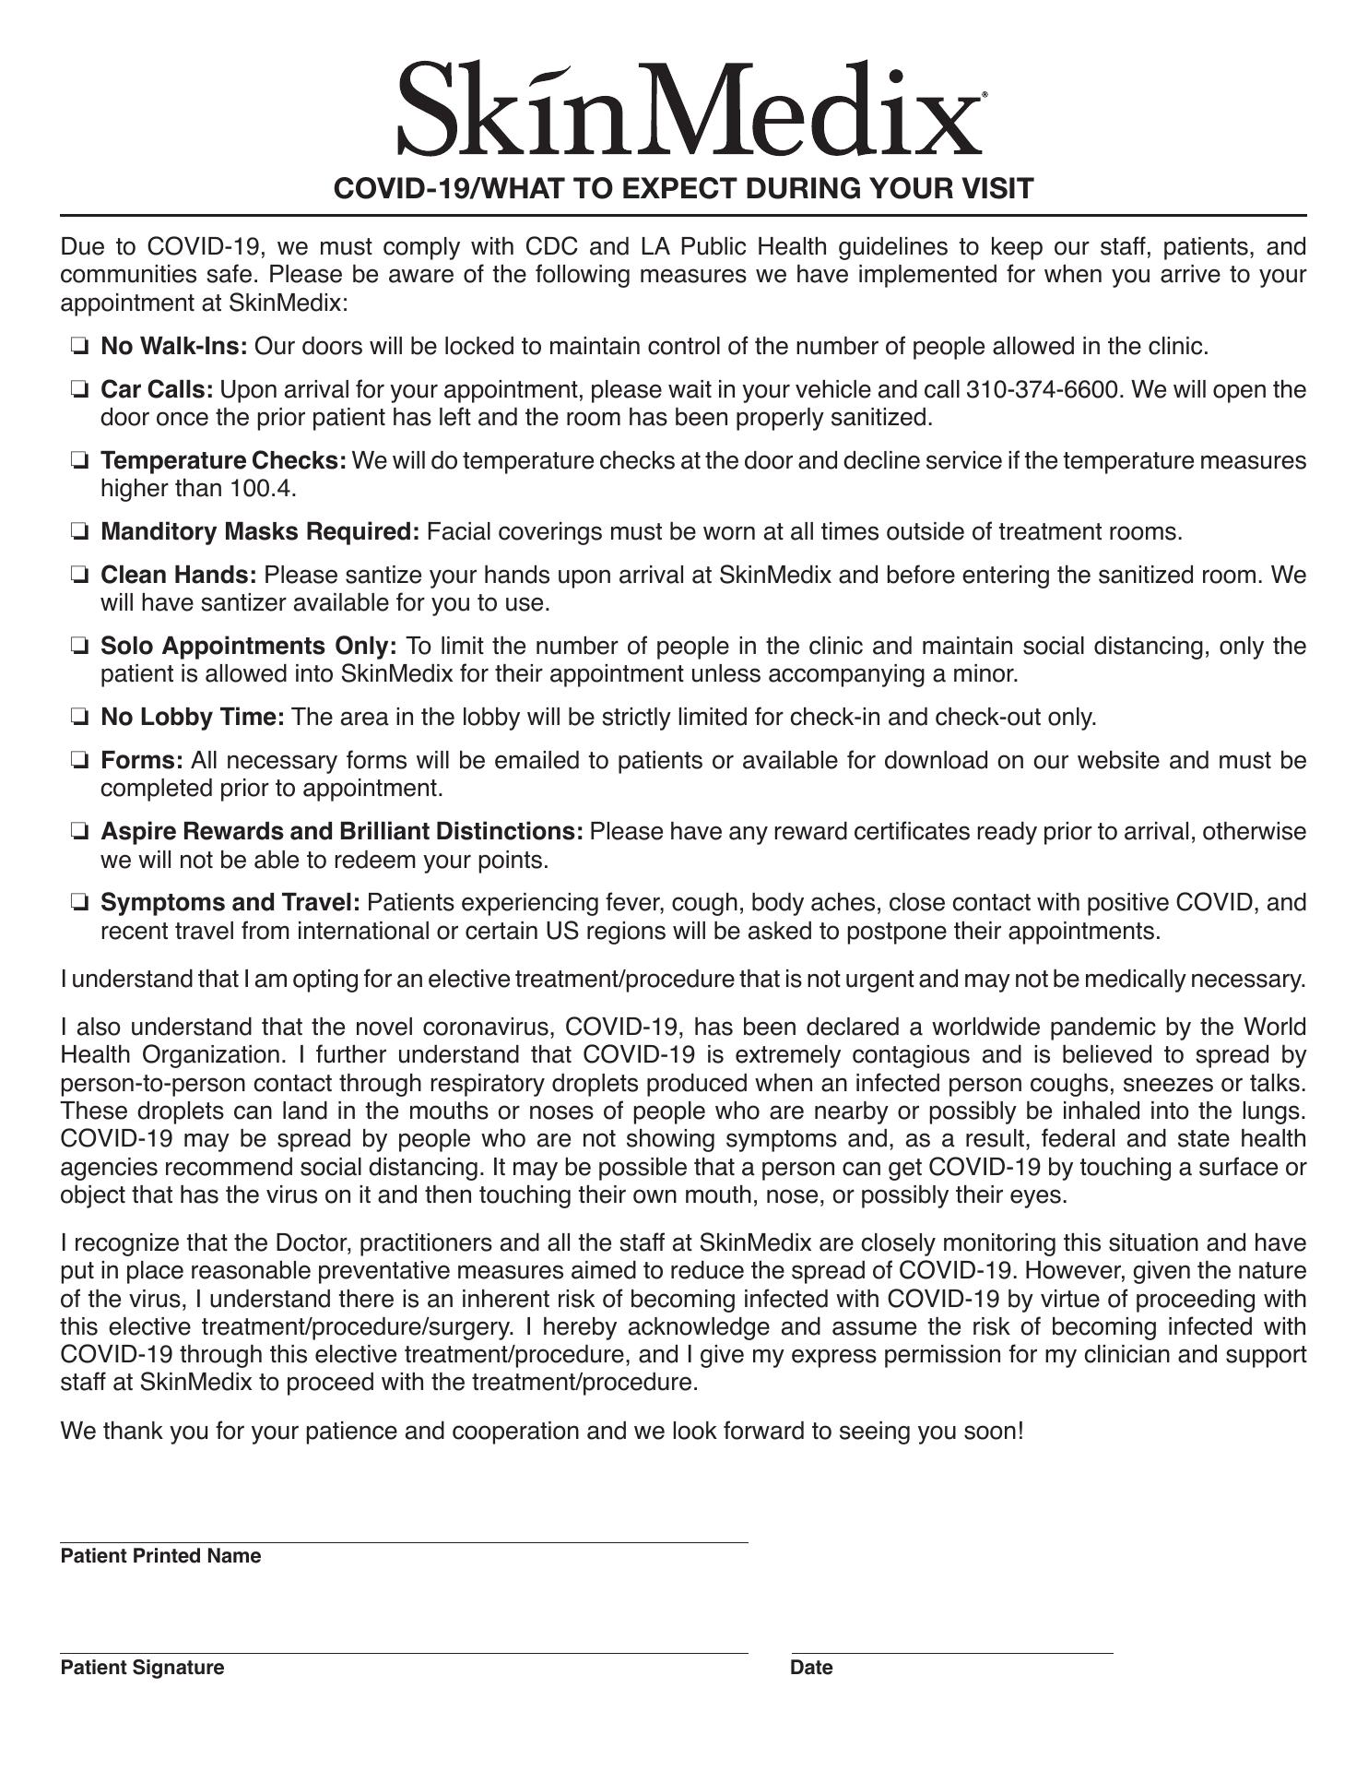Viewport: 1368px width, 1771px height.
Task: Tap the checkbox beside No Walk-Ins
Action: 79,347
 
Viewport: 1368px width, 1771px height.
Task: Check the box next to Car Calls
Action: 79,390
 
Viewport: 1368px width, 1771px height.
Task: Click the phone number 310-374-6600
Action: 1044,390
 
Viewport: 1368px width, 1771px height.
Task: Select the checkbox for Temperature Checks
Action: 79,460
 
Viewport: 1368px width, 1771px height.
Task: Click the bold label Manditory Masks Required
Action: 260,532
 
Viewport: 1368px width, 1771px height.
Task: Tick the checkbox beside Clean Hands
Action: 79,576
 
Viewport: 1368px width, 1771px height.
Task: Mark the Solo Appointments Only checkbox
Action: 79,647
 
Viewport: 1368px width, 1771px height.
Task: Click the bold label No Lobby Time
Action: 193,718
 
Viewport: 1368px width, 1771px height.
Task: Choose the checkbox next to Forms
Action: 79,761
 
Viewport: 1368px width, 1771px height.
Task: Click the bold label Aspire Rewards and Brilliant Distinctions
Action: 341,832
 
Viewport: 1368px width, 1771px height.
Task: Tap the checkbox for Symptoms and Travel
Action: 79,903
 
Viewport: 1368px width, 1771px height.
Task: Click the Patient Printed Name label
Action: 160,1556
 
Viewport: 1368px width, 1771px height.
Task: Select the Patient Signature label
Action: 142,1668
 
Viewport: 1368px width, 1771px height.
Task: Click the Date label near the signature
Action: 811,1668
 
